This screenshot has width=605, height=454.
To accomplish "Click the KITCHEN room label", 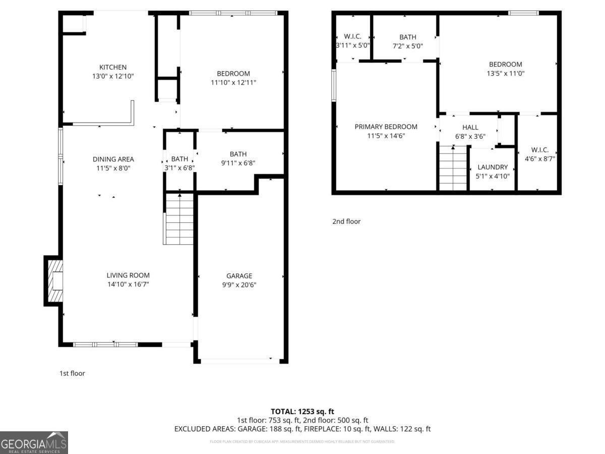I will (x=113, y=67).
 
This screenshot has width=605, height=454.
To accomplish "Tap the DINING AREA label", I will (x=113, y=159).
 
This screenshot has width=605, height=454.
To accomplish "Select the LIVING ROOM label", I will (x=128, y=275).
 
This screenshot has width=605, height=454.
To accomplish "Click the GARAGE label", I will (x=239, y=276).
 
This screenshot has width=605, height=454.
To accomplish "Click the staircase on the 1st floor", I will (x=179, y=219).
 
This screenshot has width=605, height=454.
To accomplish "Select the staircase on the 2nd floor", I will (x=453, y=168).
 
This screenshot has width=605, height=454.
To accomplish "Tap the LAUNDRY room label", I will (x=493, y=167).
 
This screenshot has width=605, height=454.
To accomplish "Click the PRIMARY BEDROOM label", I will (x=386, y=127).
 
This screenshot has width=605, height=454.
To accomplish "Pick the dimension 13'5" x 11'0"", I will (x=505, y=73).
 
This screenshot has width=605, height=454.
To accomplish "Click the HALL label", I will (x=470, y=128).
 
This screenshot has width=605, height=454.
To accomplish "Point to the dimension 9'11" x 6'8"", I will (x=238, y=163).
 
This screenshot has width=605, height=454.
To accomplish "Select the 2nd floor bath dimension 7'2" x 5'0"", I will (x=408, y=46).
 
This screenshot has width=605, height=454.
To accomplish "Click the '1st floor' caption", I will (x=72, y=373).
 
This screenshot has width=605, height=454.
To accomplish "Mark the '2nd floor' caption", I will (x=346, y=221).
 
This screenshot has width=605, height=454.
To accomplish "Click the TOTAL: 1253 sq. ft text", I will (x=302, y=412).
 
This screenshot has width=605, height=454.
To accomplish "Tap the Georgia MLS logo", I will (x=34, y=442).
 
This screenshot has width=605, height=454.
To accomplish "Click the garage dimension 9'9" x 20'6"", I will (x=239, y=285).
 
